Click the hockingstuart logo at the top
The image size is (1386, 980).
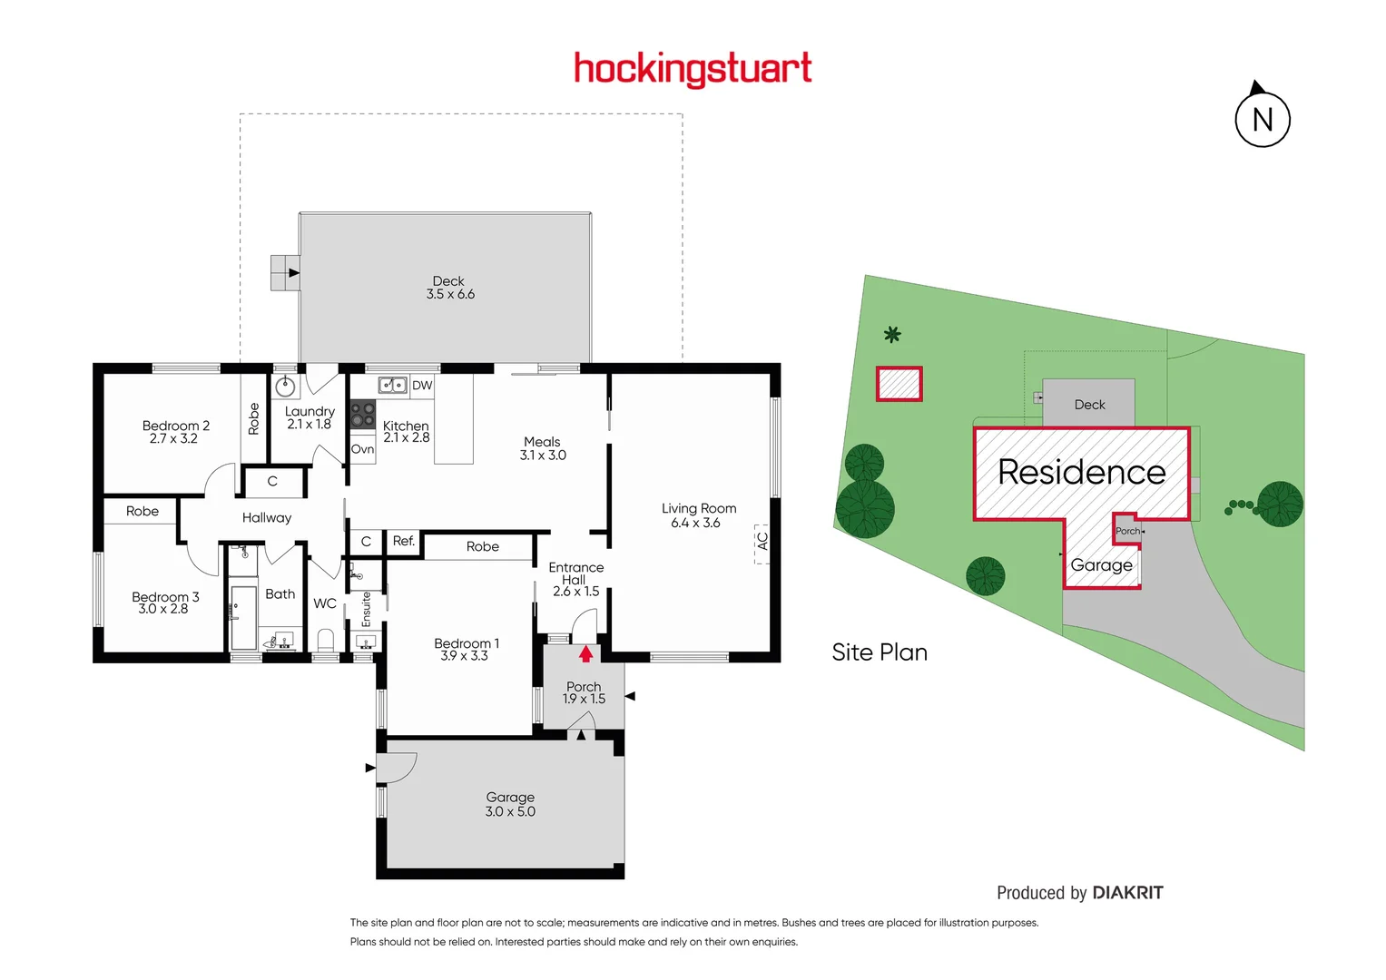(x=693, y=69)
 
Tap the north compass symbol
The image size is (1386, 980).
(x=1262, y=119)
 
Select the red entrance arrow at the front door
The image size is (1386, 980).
(x=586, y=652)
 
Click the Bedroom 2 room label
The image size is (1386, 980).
(x=175, y=426)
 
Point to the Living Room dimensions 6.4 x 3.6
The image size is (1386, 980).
(x=695, y=524)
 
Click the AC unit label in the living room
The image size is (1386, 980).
(x=762, y=542)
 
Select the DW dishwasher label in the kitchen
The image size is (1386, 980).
(x=422, y=386)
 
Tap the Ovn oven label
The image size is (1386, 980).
(x=362, y=449)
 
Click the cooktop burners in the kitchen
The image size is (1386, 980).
(x=362, y=415)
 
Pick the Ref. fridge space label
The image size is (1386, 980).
(x=403, y=541)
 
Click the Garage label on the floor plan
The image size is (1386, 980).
(x=510, y=798)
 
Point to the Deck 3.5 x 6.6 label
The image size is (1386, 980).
(x=450, y=288)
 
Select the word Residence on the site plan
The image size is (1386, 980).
(x=1081, y=472)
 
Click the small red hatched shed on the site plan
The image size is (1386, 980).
(x=899, y=384)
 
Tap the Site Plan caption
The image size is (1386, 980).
(x=880, y=652)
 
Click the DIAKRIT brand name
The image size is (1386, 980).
(x=1127, y=893)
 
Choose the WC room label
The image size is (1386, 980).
(x=325, y=603)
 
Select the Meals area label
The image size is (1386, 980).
(x=542, y=442)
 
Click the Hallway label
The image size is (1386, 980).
(x=267, y=518)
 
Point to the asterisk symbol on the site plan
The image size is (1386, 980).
(x=892, y=335)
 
